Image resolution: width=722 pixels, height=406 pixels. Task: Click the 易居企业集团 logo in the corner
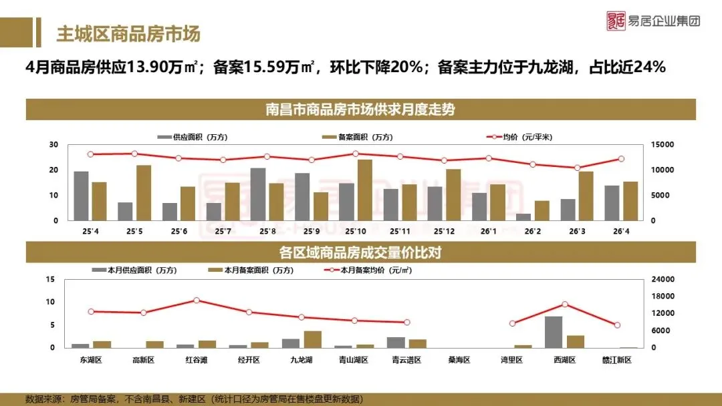point(653,21)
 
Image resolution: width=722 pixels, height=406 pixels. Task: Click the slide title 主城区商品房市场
point(128,34)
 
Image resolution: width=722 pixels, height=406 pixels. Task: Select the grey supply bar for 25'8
point(258,194)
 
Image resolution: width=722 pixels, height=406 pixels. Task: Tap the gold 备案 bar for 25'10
point(365,190)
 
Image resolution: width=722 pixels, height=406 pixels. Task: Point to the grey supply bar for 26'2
point(523,217)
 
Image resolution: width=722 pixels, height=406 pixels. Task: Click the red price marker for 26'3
point(578,168)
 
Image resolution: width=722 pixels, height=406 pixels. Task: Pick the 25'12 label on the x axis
point(444,231)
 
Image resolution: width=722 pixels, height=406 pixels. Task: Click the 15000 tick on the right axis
point(662,144)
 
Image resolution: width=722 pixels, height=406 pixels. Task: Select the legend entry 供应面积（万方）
point(193,137)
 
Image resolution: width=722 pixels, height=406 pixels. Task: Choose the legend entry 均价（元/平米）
point(519,137)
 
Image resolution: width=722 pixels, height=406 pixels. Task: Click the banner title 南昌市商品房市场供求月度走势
point(360,110)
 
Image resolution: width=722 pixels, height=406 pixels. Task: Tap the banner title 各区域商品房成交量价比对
point(360,252)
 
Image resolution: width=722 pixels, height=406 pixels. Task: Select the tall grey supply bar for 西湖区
point(554,332)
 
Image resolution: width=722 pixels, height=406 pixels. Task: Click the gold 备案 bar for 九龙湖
point(313,339)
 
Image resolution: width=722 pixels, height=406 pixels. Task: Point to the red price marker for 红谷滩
point(197,300)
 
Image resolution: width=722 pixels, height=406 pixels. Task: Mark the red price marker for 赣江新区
point(618,325)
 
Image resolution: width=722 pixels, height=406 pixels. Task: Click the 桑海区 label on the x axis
point(459,360)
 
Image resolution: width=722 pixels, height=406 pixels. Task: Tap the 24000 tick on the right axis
point(663,279)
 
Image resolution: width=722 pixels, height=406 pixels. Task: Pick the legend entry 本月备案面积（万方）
point(251,270)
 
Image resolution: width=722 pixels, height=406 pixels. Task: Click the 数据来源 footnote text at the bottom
point(194,399)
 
